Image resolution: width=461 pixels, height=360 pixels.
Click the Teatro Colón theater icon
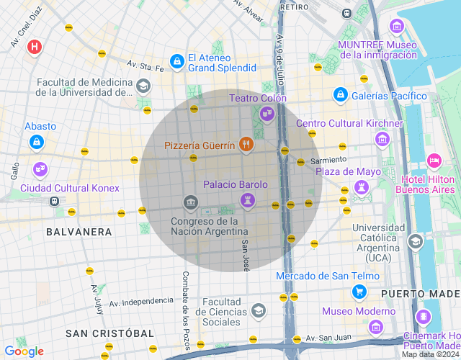coord(267,112)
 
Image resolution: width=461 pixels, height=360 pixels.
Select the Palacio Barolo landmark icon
coord(247,199)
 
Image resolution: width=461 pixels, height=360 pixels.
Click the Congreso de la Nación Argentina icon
coord(190,203)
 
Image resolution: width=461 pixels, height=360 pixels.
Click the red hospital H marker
coord(34,48)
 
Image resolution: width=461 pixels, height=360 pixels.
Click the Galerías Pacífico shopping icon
coord(340,94)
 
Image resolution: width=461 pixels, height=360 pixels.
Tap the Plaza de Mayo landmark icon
coord(361,187)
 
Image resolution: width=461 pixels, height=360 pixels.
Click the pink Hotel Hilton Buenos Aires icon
coord(434,160)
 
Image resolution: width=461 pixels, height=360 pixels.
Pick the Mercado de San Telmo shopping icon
coord(358,292)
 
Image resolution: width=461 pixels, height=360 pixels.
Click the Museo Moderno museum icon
coord(375,327)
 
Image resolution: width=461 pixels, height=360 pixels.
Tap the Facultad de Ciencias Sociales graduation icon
coord(258,310)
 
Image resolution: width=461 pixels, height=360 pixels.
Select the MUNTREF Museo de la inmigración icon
coord(395,27)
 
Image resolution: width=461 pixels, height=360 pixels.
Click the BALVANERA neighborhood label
coord(79,232)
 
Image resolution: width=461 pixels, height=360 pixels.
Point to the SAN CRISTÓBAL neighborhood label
coord(109,333)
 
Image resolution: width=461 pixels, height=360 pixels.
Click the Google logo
coord(24,351)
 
